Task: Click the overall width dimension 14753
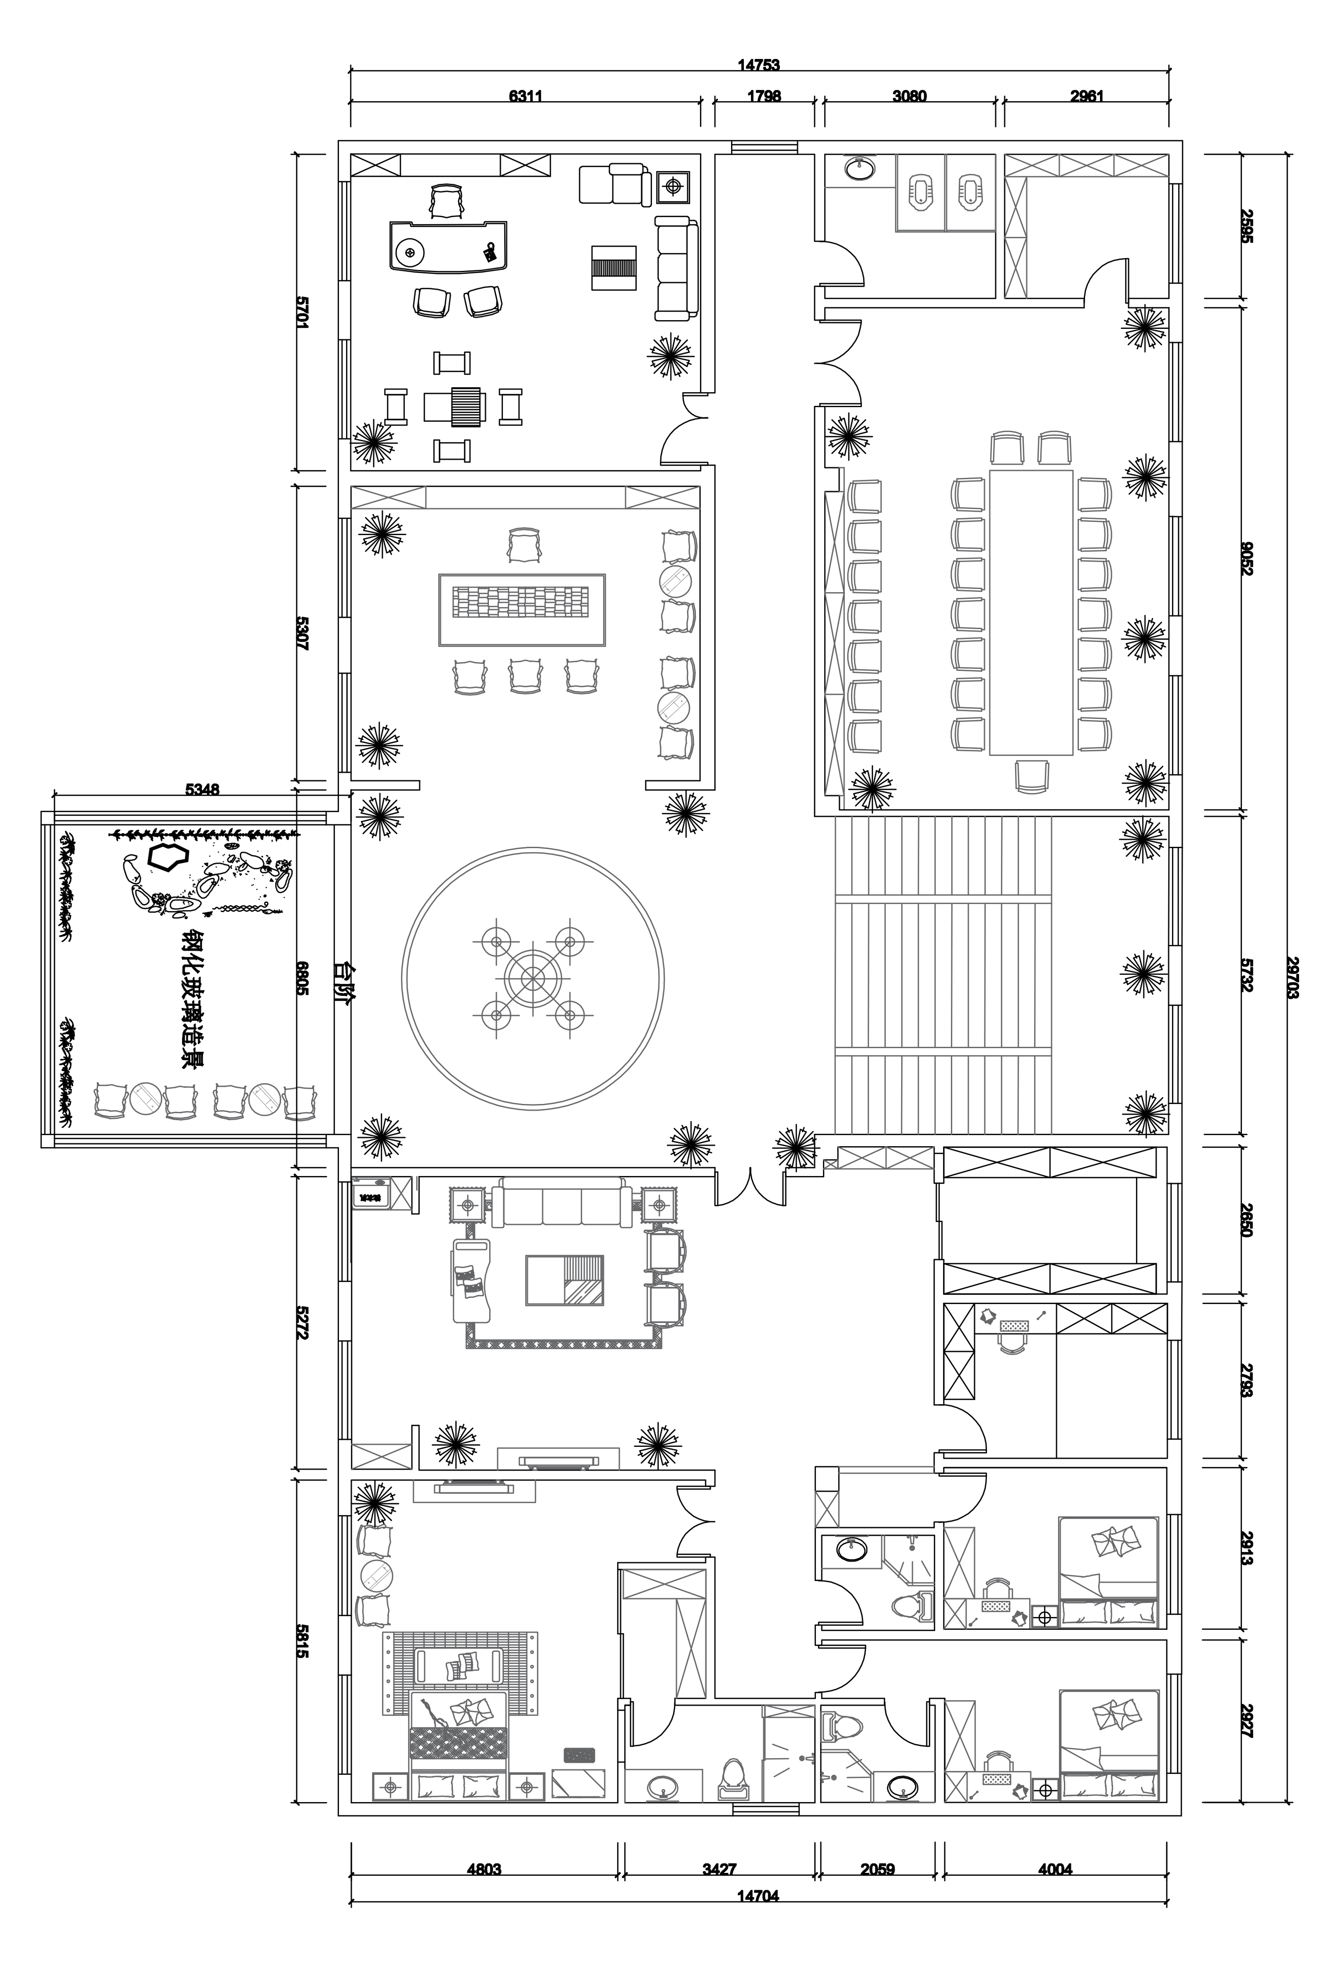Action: pos(757,64)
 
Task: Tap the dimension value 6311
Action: pos(525,96)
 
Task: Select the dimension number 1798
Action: pos(764,96)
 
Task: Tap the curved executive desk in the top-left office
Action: pos(448,245)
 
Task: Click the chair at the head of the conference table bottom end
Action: pos(1031,776)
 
